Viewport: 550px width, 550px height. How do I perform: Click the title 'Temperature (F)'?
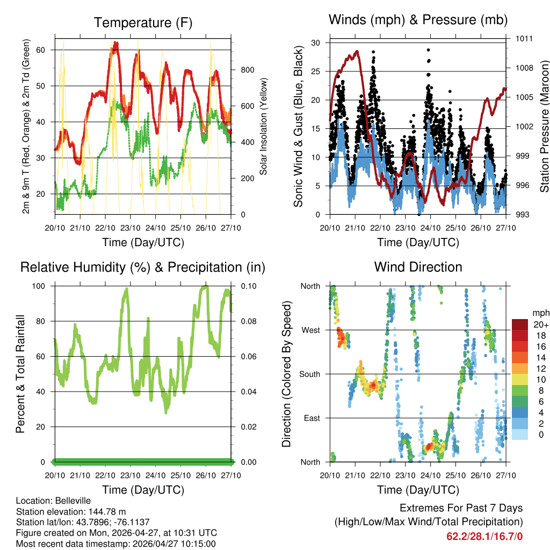coord(143,23)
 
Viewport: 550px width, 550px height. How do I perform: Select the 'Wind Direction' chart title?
coord(418,267)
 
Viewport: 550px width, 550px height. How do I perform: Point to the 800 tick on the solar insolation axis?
coord(247,70)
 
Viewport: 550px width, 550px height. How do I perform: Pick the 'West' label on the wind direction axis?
coord(310,330)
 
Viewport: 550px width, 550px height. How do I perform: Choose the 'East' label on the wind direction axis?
coord(311,418)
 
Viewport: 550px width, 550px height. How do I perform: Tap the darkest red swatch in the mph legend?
coord(520,324)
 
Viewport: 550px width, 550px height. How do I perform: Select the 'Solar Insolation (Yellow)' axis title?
coord(264,127)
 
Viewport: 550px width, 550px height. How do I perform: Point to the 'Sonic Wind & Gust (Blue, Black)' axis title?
coord(299,126)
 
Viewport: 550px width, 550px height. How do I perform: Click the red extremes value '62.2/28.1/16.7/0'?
coord(484,536)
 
